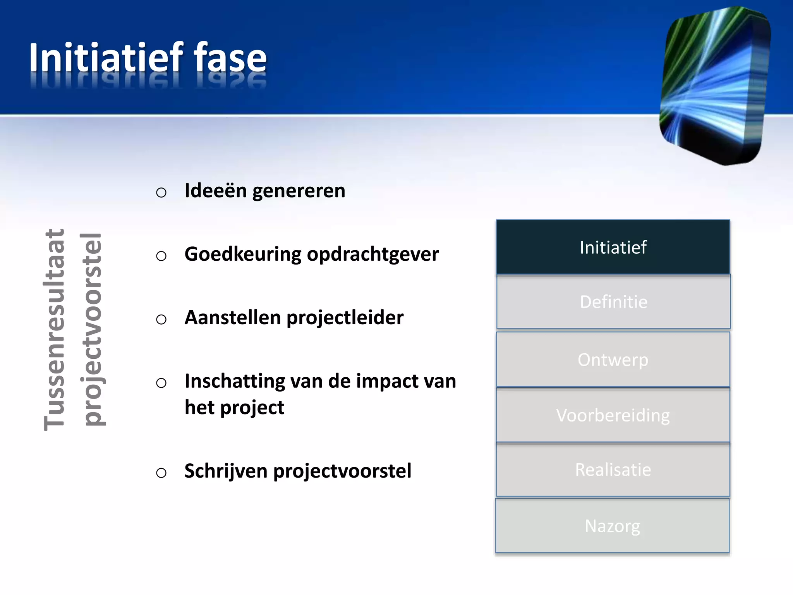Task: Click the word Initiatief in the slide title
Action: (x=106, y=58)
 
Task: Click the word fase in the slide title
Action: (x=230, y=58)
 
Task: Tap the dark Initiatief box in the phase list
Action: (x=613, y=247)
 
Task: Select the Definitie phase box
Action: (x=613, y=302)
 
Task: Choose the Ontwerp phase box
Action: (x=613, y=359)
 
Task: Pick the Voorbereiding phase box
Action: (x=613, y=415)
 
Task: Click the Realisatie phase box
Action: (x=613, y=470)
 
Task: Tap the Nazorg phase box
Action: (x=612, y=526)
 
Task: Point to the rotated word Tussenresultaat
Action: (x=54, y=329)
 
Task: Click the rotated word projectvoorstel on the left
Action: (x=92, y=329)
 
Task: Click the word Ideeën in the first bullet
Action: (x=216, y=191)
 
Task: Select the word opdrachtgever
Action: (x=373, y=255)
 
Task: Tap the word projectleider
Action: (x=345, y=318)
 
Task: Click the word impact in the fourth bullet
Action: (x=388, y=382)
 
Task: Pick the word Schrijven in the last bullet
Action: (x=226, y=471)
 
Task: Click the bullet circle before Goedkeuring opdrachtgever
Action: (x=161, y=256)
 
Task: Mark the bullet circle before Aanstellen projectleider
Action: (x=161, y=319)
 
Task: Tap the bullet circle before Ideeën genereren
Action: (x=161, y=192)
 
